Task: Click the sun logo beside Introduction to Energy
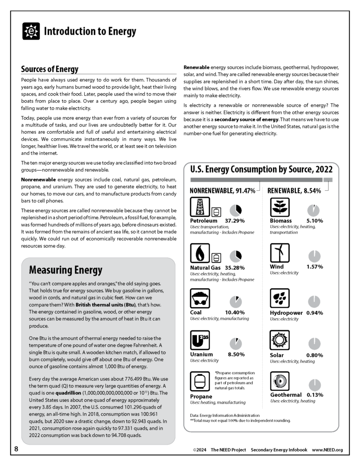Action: [x=31, y=31]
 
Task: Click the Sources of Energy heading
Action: [x=50, y=69]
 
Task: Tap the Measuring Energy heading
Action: [x=66, y=270]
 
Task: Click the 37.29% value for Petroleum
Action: [x=235, y=221]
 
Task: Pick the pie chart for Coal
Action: [x=236, y=302]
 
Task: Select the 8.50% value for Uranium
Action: [x=236, y=355]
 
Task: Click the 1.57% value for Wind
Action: [x=314, y=267]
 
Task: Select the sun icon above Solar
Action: [x=279, y=340]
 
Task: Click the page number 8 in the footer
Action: [x=16, y=449]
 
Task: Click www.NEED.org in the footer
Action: [x=327, y=450]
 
